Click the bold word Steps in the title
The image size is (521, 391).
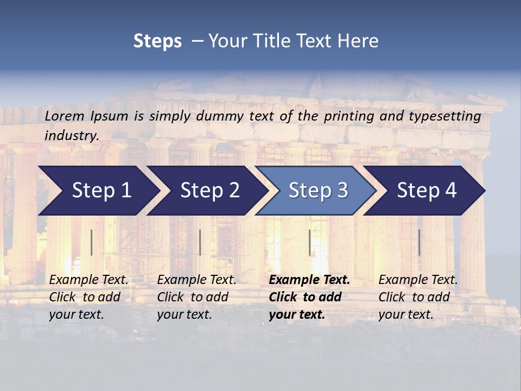(157, 41)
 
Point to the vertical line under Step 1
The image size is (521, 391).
(92, 242)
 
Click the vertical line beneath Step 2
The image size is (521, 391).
(200, 242)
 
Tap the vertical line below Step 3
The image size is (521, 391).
(309, 242)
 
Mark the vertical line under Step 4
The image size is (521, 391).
(419, 242)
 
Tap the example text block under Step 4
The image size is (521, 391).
(418, 297)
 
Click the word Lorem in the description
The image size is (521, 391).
(65, 116)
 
